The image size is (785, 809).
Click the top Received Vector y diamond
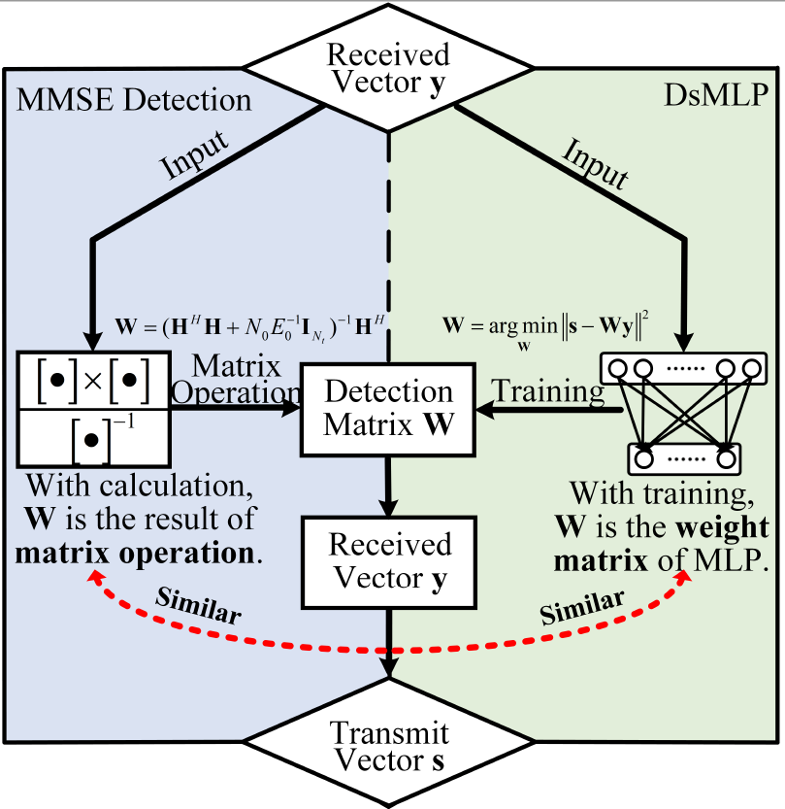388,69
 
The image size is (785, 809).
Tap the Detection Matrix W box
388,409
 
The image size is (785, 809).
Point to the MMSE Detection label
134,99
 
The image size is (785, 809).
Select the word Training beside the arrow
549,392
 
